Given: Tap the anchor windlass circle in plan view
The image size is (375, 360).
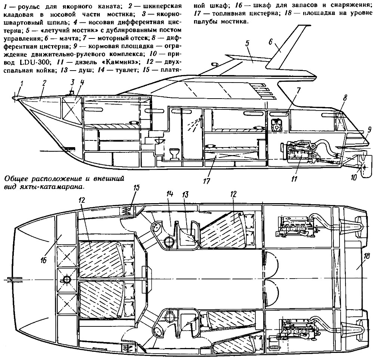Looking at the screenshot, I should coord(68,279).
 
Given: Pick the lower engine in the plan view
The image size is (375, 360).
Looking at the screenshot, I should coord(295,329).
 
